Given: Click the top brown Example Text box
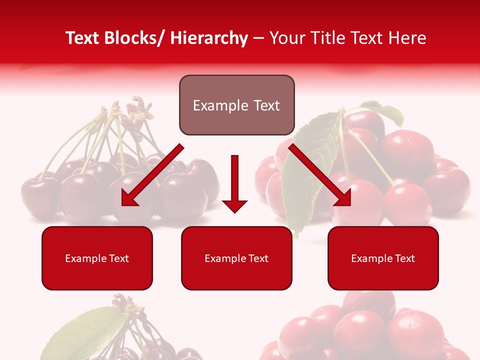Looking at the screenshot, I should coord(236,105).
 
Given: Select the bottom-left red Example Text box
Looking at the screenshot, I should coord(97,258).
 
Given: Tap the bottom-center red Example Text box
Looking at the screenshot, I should coord(236,258).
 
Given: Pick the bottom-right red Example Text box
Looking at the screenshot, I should coord(383,258).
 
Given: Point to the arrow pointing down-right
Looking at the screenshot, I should coord(320,175).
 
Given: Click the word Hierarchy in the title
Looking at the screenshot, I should coord(209,38).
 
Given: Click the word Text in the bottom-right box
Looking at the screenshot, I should coord(404,258).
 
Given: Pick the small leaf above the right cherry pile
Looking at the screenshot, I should coord(384,112).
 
